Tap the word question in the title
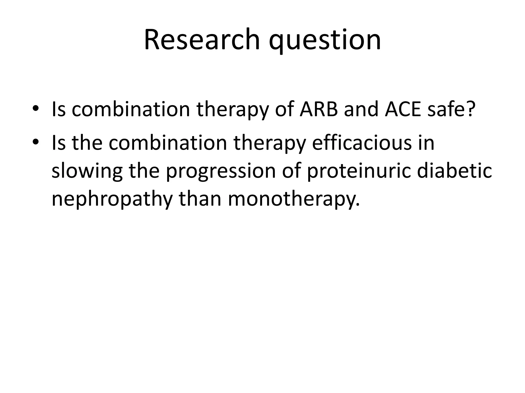(325, 41)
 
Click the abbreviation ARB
(318, 109)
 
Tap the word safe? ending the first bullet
(450, 109)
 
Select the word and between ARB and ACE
(361, 109)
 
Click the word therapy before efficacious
(269, 143)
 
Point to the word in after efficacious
(426, 143)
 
